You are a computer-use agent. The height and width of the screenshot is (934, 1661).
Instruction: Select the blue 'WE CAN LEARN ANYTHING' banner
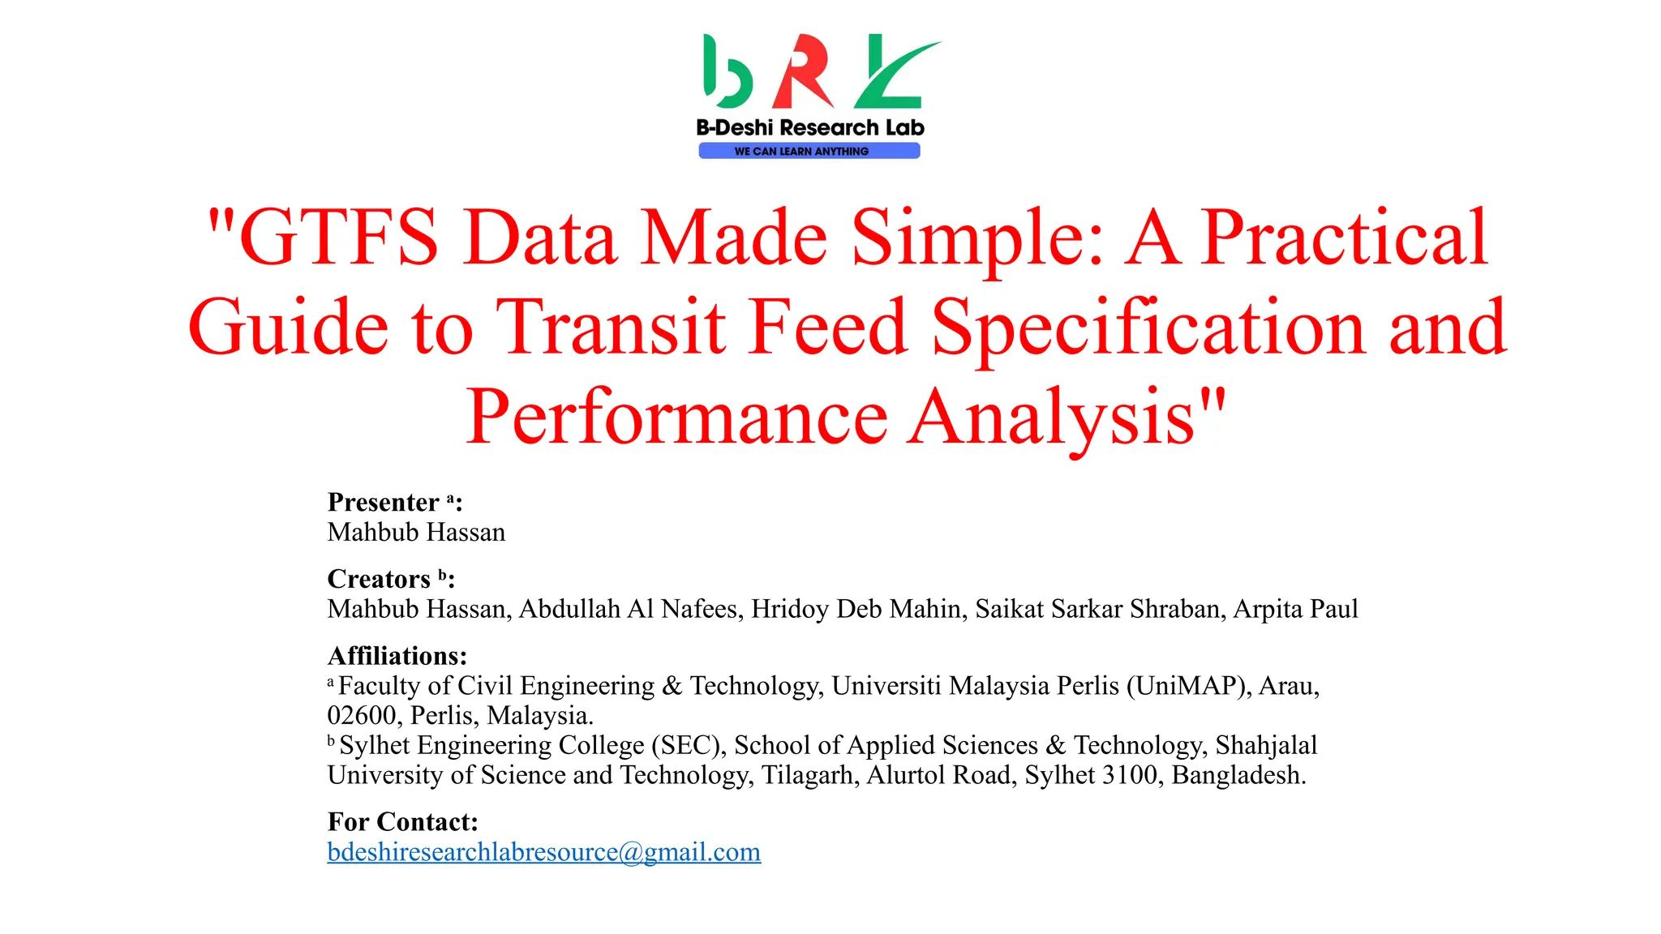point(809,151)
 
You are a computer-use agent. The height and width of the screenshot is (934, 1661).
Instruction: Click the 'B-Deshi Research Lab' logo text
point(809,127)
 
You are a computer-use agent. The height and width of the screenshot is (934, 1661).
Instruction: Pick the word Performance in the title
point(676,417)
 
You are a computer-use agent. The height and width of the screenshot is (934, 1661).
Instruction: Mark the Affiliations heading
point(397,655)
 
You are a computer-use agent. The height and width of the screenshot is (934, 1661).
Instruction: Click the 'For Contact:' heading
point(402,822)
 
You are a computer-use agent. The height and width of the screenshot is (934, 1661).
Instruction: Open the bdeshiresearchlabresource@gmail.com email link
point(543,852)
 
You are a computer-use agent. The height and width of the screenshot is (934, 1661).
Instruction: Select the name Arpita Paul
point(1295,609)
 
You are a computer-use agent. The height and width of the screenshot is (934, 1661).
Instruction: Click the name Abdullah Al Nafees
point(630,609)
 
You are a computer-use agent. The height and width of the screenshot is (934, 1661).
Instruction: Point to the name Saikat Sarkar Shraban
point(1099,609)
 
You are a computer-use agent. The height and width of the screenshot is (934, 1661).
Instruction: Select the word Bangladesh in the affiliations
point(1238,775)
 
